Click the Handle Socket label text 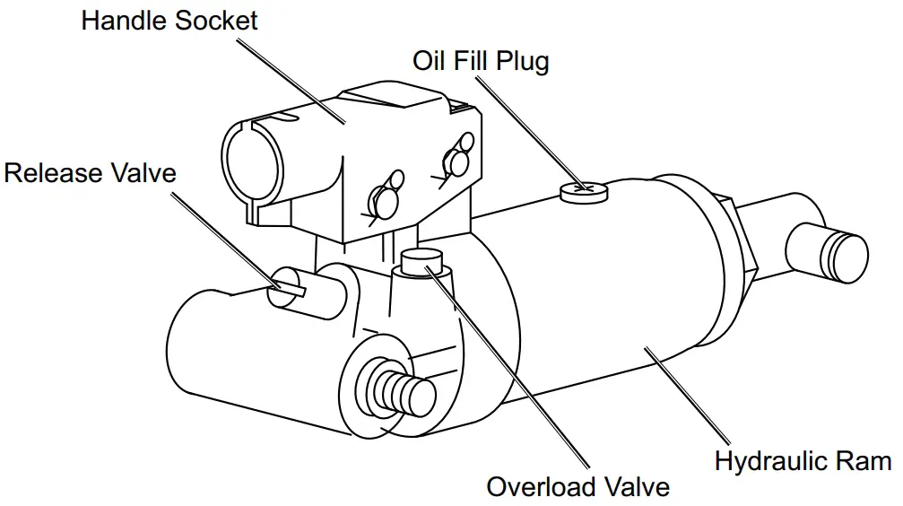[x=169, y=21]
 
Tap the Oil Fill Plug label [x=481, y=61]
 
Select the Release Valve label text [x=90, y=172]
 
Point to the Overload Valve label [x=577, y=487]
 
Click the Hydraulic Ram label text [x=803, y=462]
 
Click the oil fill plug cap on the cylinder [x=583, y=191]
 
